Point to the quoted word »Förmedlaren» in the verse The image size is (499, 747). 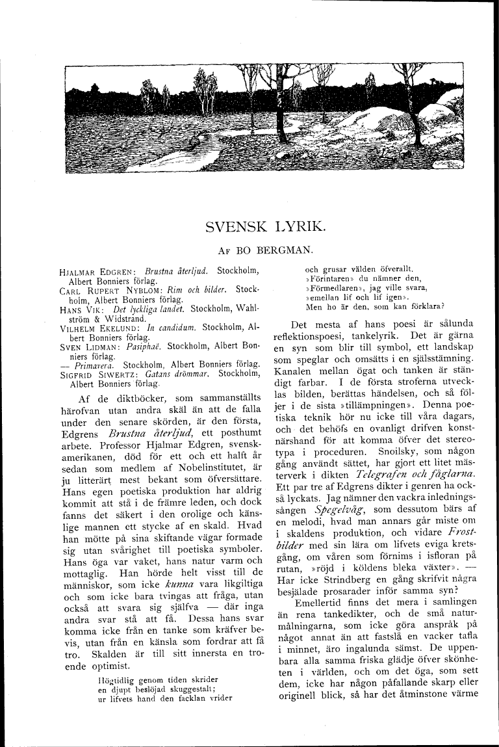point(332,287)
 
